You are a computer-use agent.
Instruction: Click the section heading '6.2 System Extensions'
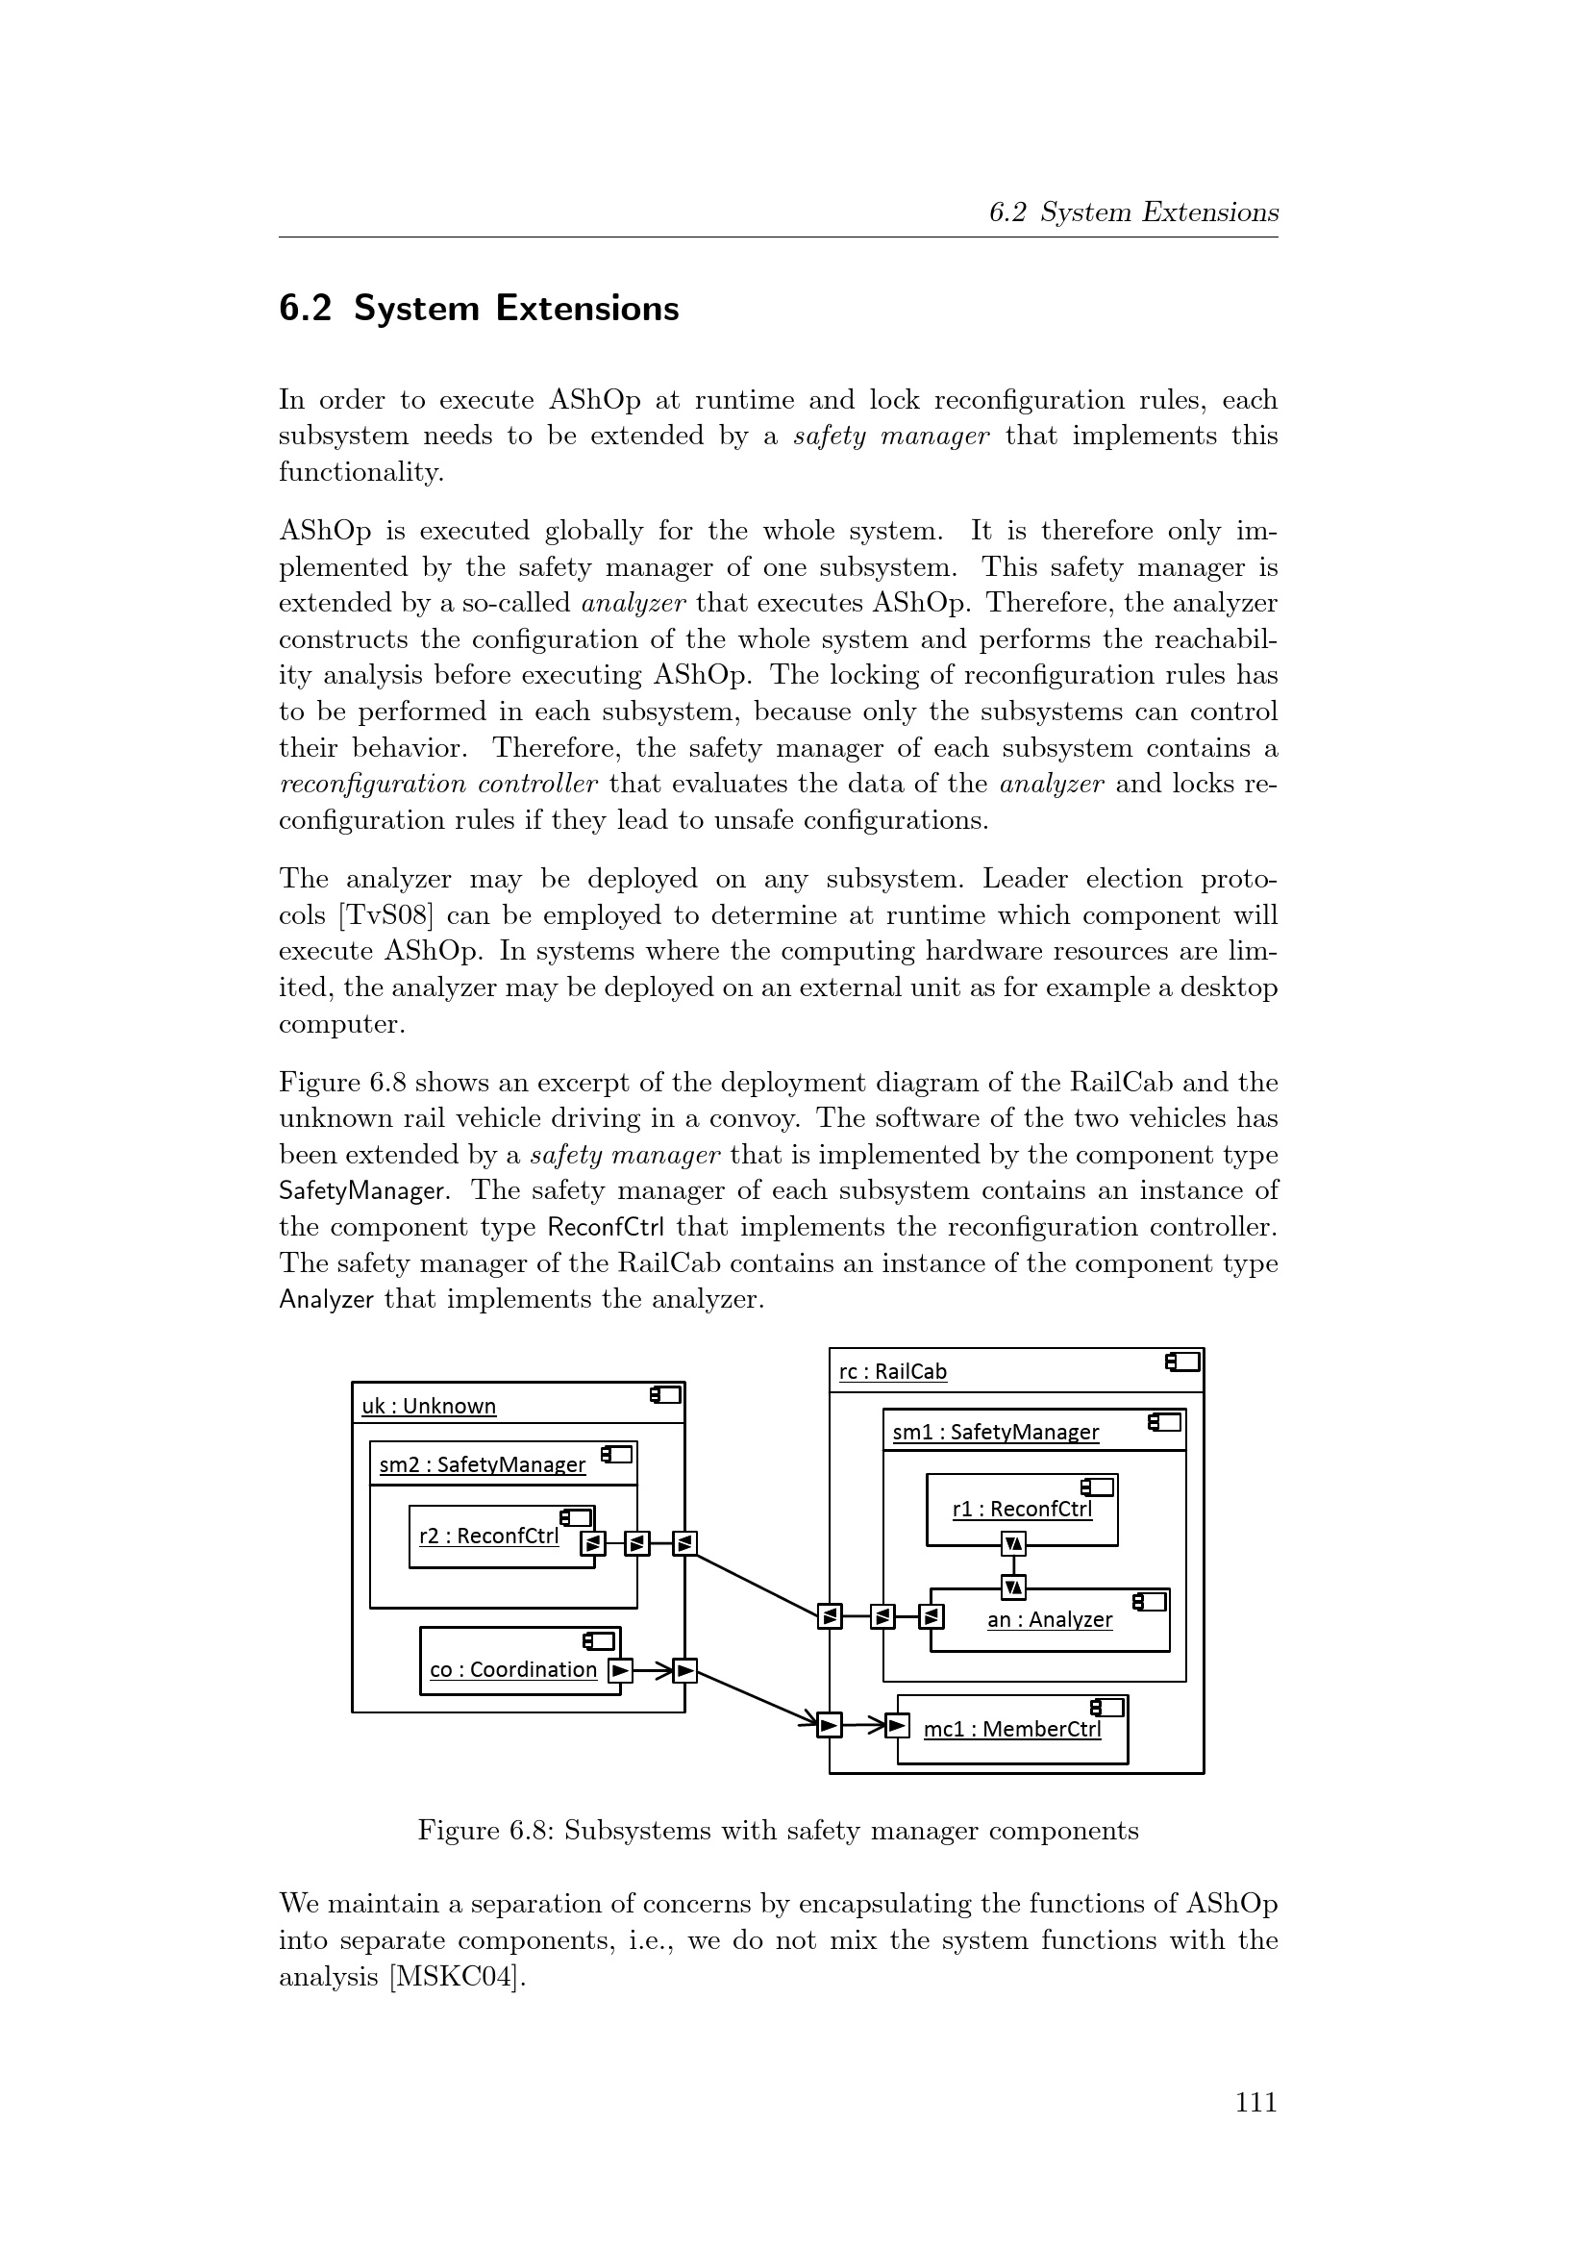click(x=479, y=309)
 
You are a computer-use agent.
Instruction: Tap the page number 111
click(x=1255, y=2102)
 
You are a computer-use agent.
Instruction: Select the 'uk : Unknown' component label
click(x=429, y=1406)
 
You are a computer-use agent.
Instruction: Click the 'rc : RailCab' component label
click(x=893, y=1371)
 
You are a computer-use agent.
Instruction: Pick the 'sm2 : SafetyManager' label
click(x=483, y=1464)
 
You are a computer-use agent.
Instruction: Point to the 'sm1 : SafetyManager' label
click(x=996, y=1432)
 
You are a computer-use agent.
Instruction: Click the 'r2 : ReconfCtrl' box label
click(x=488, y=1535)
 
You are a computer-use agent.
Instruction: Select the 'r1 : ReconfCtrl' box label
click(x=1022, y=1509)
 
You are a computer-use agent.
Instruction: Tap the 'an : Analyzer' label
click(x=1050, y=1619)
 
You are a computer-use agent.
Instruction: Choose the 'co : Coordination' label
click(x=513, y=1669)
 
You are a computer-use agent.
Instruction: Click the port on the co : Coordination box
click(x=620, y=1670)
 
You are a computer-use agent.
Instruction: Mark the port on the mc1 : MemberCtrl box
click(x=897, y=1724)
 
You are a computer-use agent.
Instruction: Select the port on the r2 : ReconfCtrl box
click(x=592, y=1544)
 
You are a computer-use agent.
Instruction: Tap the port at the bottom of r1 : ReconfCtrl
click(x=1014, y=1545)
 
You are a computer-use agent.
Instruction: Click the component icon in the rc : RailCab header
click(x=1182, y=1362)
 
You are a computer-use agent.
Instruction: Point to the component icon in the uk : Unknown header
click(x=666, y=1395)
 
